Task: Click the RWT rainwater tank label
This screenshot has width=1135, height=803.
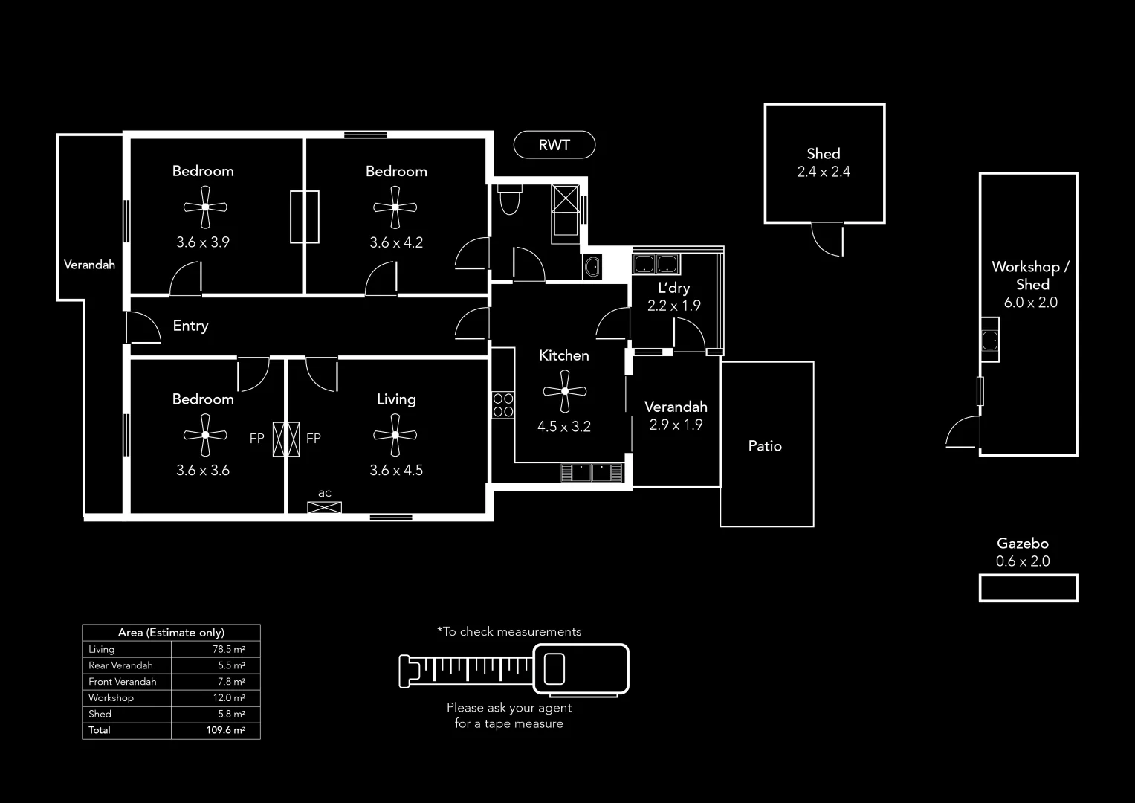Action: (x=554, y=145)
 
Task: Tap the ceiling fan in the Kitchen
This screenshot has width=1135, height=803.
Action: (x=564, y=391)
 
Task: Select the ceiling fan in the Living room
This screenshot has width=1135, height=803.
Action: (x=395, y=435)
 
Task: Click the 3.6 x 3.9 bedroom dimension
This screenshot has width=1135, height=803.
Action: (x=202, y=242)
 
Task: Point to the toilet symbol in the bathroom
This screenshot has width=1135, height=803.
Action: (x=510, y=200)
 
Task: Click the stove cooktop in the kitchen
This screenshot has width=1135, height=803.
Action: (x=503, y=404)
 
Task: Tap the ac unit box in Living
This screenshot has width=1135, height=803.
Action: (x=325, y=508)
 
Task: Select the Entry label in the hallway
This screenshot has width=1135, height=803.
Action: (x=190, y=326)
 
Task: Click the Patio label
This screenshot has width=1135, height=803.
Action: (x=765, y=446)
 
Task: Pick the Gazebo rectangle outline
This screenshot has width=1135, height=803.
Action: (x=1028, y=587)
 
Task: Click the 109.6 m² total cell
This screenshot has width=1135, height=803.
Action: (x=225, y=730)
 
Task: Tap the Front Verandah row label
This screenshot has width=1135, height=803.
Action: (x=123, y=681)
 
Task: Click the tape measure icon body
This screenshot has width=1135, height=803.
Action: (x=581, y=668)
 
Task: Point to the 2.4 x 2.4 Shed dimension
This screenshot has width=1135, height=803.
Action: (x=824, y=172)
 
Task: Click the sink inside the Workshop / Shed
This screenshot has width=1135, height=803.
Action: (x=989, y=341)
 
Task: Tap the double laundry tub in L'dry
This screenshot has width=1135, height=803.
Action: (x=656, y=264)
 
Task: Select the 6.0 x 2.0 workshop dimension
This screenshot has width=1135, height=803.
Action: (x=1030, y=303)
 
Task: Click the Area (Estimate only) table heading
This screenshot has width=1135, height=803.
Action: (x=171, y=633)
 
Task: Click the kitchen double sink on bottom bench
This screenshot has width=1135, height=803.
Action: (x=592, y=473)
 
